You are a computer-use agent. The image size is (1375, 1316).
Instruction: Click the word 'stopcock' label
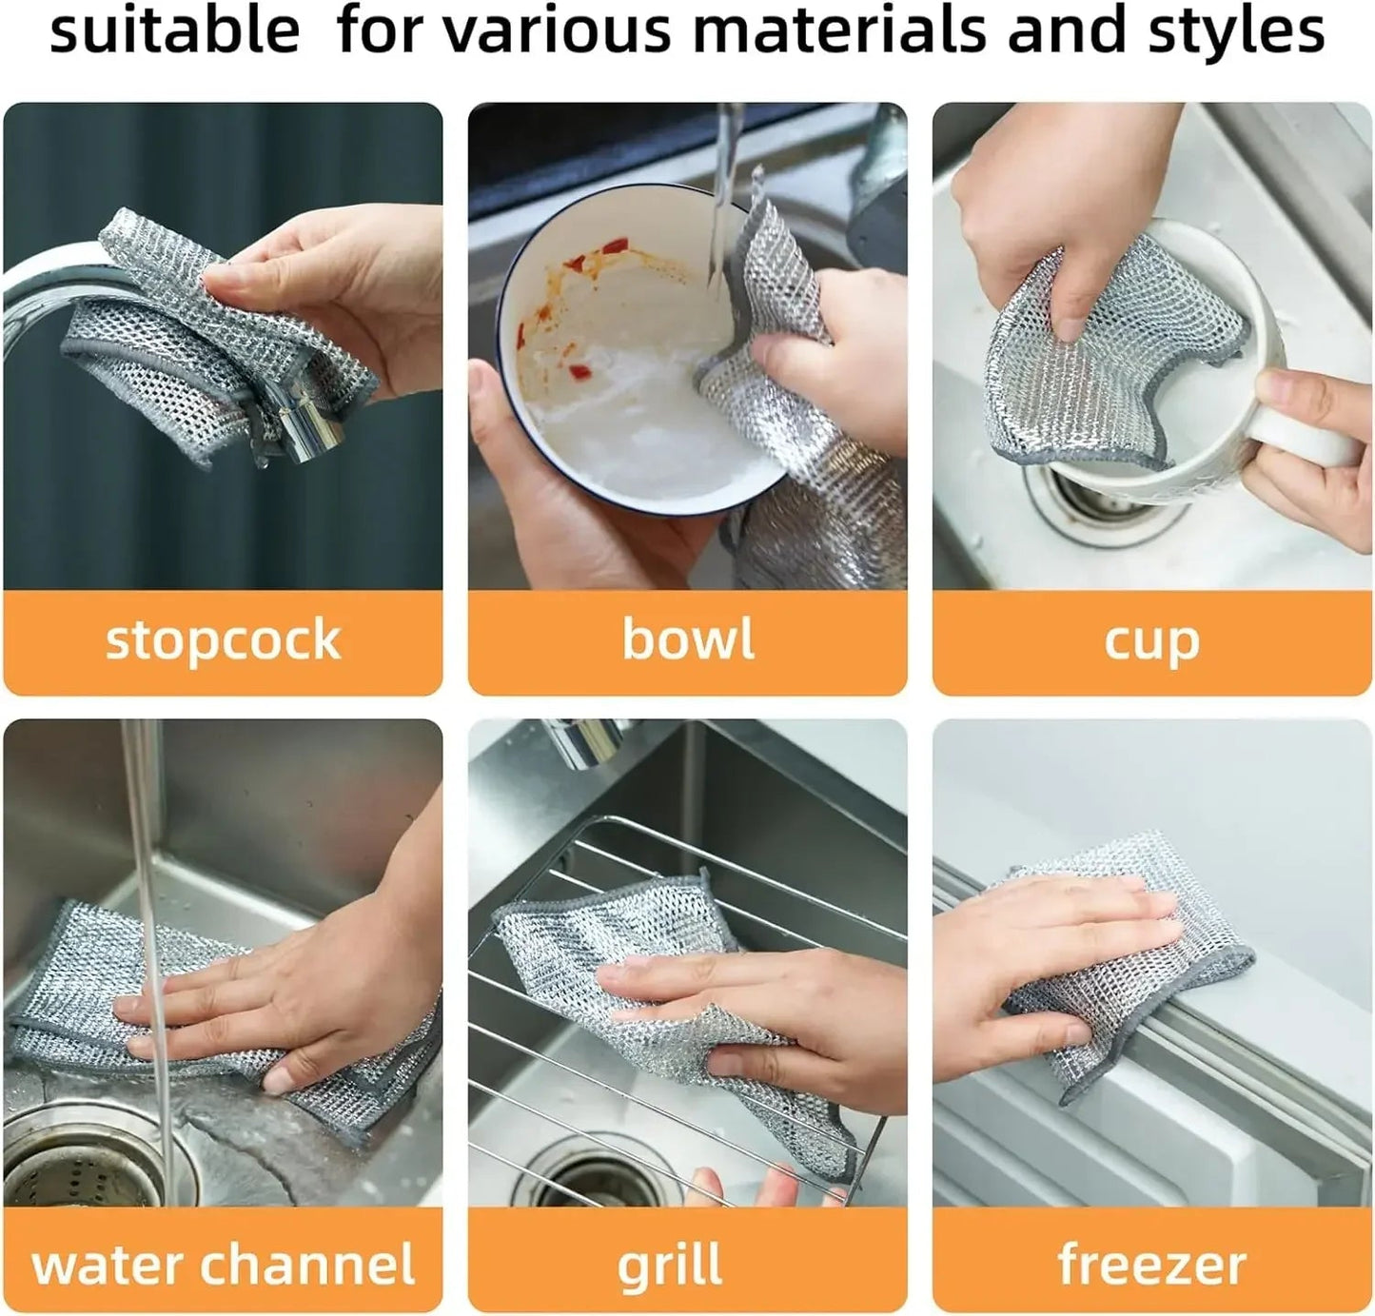[x=223, y=640]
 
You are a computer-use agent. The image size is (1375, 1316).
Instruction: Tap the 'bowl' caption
[x=687, y=638]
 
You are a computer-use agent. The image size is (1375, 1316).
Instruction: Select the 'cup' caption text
[x=1151, y=642]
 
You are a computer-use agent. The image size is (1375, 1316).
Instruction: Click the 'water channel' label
[x=223, y=1265]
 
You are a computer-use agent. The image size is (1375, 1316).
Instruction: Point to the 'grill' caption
[x=670, y=1267]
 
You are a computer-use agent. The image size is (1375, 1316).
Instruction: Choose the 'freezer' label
[x=1151, y=1266]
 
